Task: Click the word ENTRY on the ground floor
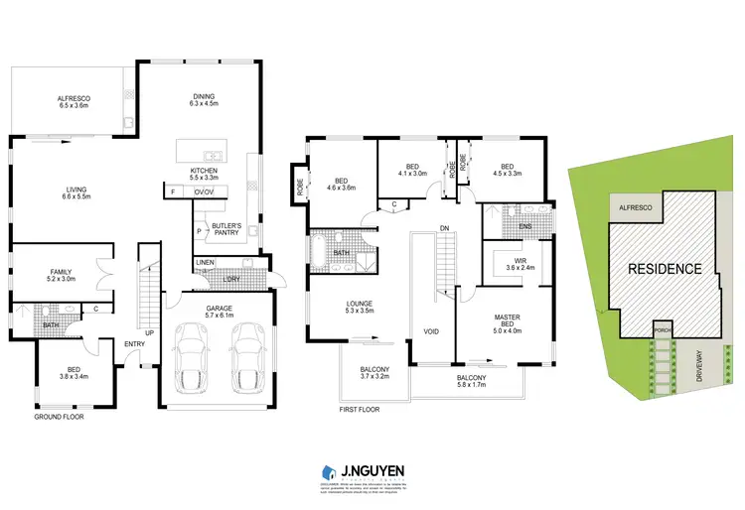(134, 344)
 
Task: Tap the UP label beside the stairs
(150, 332)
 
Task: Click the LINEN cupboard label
(205, 262)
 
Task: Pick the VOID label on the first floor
(431, 331)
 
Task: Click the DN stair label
(444, 229)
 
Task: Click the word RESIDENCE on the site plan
(663, 268)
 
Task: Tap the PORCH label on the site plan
(663, 329)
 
